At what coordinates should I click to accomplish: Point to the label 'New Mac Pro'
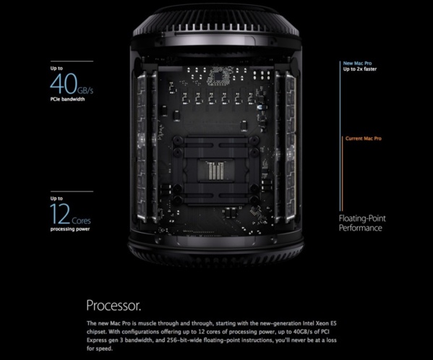coord(359,64)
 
